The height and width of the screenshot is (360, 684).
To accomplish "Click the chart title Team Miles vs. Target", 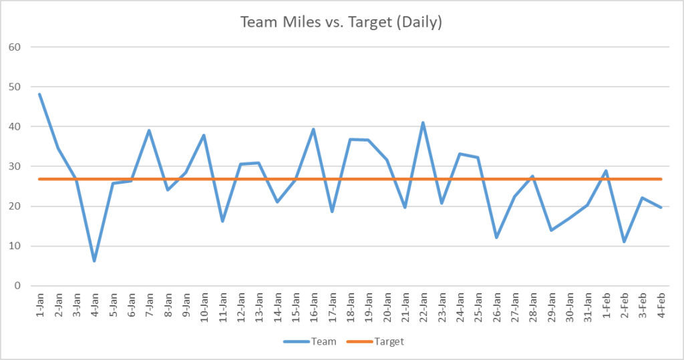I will [x=341, y=22].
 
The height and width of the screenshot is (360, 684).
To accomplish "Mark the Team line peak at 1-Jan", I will [x=39, y=94].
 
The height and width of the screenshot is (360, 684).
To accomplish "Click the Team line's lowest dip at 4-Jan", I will [x=94, y=260].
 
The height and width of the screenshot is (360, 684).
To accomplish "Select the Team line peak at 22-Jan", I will [x=423, y=123].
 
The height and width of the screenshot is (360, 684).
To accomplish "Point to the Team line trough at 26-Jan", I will [x=496, y=237].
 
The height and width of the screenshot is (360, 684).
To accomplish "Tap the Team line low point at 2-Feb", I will [x=624, y=242].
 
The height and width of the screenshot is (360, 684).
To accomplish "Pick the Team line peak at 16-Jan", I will [x=313, y=130].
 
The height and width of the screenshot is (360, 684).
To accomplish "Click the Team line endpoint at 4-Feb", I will [x=661, y=207].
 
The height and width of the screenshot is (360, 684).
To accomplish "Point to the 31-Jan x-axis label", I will [x=588, y=308].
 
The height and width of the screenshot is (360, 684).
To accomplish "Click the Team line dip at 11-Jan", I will [x=222, y=221].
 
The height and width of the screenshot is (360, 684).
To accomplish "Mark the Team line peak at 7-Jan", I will [x=149, y=130].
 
